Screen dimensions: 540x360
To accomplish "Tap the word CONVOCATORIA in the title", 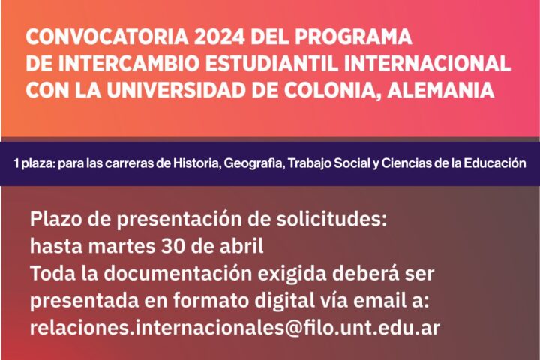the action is click(x=106, y=37).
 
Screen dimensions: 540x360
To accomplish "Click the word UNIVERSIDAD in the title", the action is click(x=176, y=90).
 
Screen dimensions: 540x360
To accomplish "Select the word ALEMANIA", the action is click(x=441, y=90).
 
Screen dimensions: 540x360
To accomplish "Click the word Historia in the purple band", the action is click(x=196, y=163).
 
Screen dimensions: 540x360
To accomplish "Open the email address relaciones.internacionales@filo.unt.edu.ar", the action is click(x=235, y=328).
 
